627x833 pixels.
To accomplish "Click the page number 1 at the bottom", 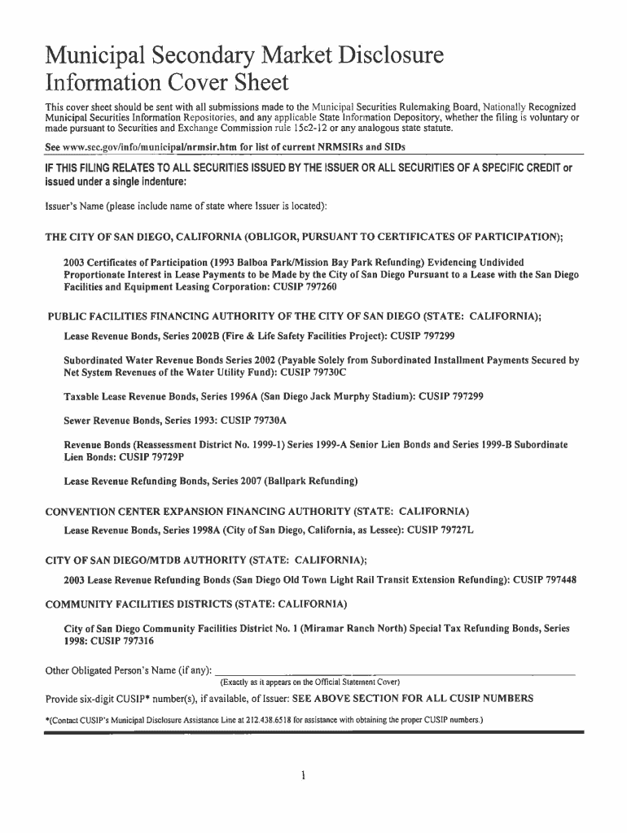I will (x=302, y=775).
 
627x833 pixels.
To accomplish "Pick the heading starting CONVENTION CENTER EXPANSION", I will (x=256, y=512).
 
